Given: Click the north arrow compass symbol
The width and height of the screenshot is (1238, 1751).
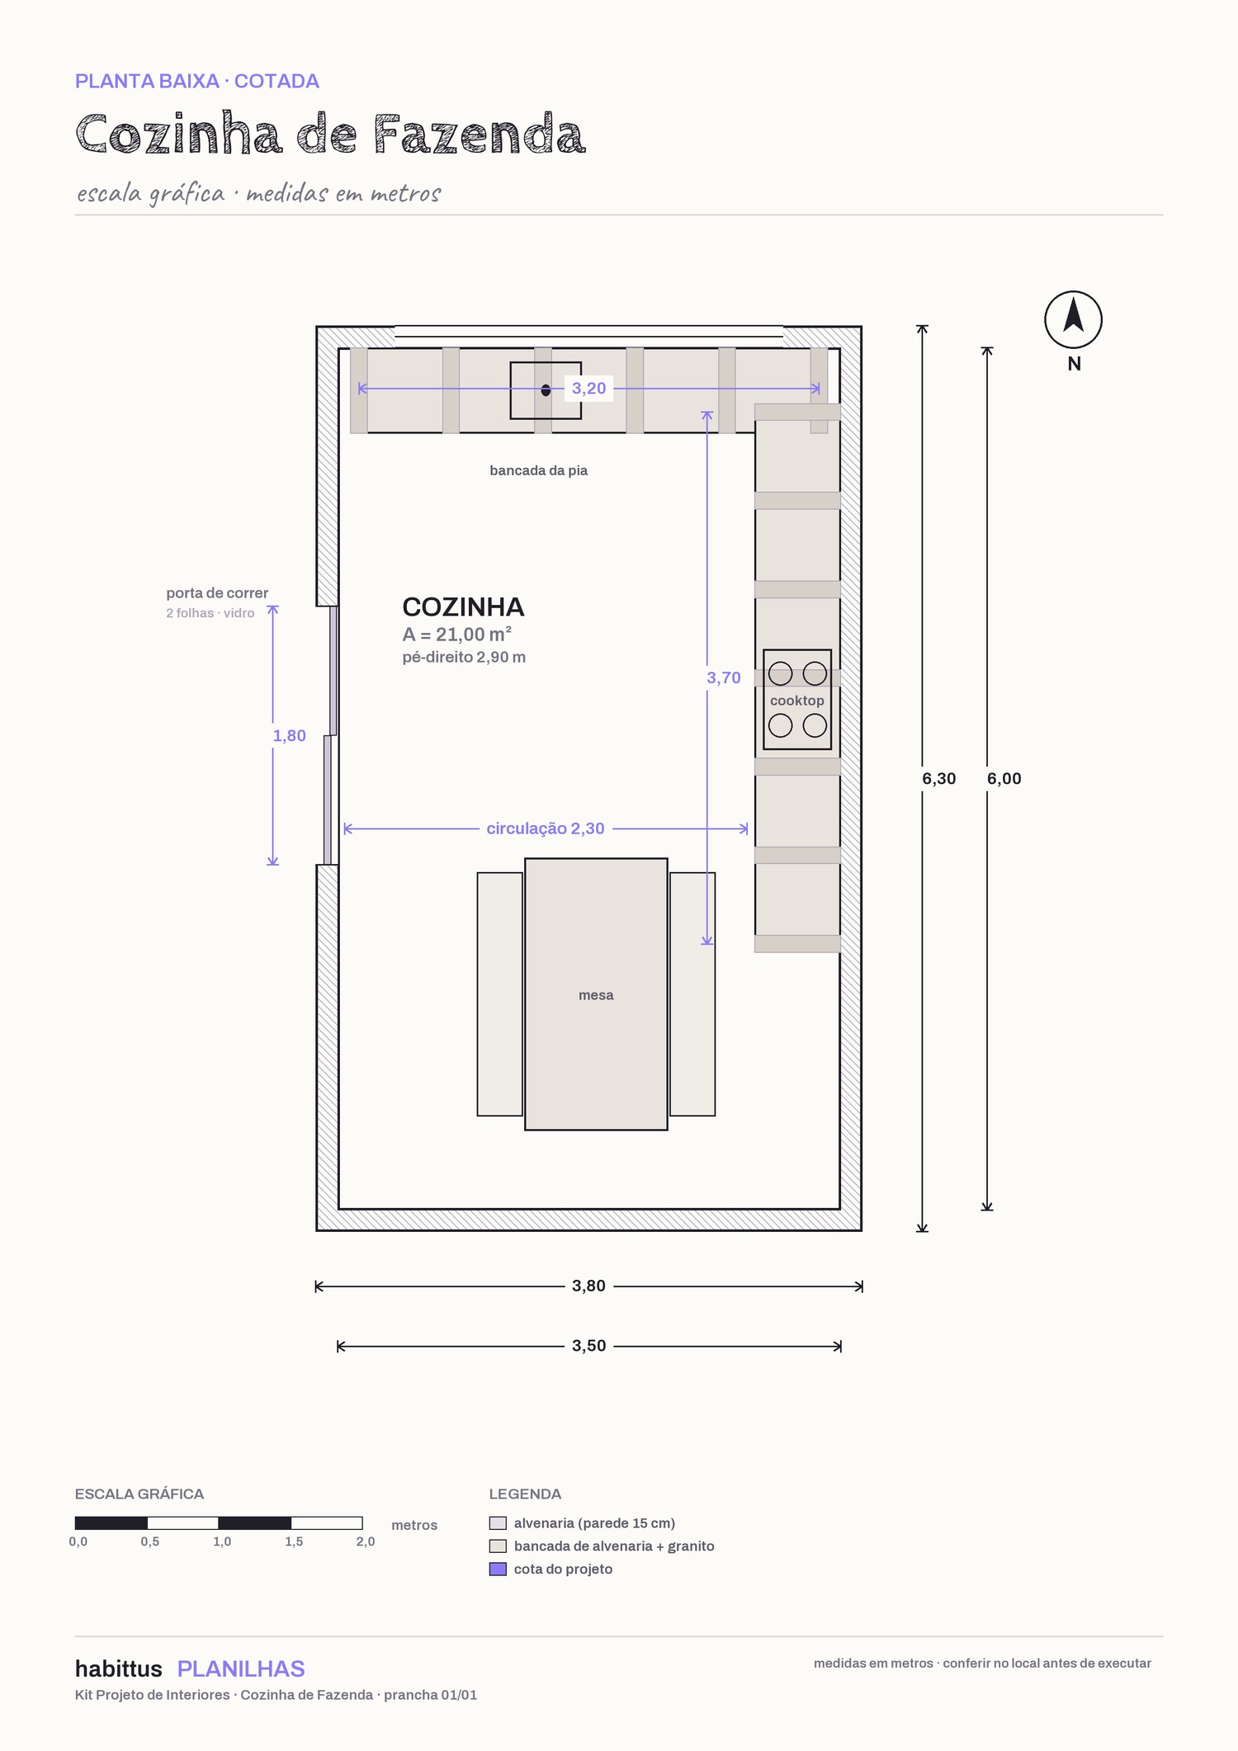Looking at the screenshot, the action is click(x=1073, y=319).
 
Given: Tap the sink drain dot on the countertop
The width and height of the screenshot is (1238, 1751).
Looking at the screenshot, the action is click(x=546, y=390).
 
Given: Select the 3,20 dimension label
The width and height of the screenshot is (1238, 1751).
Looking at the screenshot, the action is click(x=589, y=389).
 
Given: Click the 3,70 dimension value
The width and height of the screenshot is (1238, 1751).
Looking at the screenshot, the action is click(x=723, y=678).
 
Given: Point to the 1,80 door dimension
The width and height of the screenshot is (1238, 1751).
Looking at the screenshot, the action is click(x=290, y=736).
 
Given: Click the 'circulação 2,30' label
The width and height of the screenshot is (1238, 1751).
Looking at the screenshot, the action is click(x=546, y=828).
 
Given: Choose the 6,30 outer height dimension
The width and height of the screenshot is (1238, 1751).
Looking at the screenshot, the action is click(x=939, y=779).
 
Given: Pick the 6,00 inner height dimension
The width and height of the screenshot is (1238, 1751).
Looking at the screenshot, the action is click(x=1004, y=779).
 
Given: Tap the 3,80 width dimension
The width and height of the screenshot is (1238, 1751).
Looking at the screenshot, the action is click(x=589, y=1286).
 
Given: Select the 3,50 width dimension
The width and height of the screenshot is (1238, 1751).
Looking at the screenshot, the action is click(x=589, y=1346).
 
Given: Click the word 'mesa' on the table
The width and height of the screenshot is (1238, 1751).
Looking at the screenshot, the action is click(x=596, y=995).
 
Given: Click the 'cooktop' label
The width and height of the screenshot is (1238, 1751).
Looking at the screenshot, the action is click(x=797, y=701).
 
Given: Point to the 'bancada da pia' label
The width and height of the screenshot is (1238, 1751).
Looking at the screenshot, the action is click(x=539, y=470).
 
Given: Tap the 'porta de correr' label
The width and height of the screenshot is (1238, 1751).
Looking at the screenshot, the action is click(x=217, y=593).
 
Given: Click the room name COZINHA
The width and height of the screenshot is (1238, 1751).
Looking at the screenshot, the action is click(x=463, y=607).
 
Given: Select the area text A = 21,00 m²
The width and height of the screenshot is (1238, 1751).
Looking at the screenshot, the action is click(x=457, y=635).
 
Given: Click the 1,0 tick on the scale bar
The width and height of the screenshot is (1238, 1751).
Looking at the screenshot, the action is click(x=222, y=1541).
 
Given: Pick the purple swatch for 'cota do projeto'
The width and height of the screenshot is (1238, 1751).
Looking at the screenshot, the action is click(x=498, y=1569).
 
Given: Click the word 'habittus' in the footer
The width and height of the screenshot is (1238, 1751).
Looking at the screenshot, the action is click(x=119, y=1668).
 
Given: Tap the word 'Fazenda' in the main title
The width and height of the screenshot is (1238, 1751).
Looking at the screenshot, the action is click(x=479, y=135).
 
